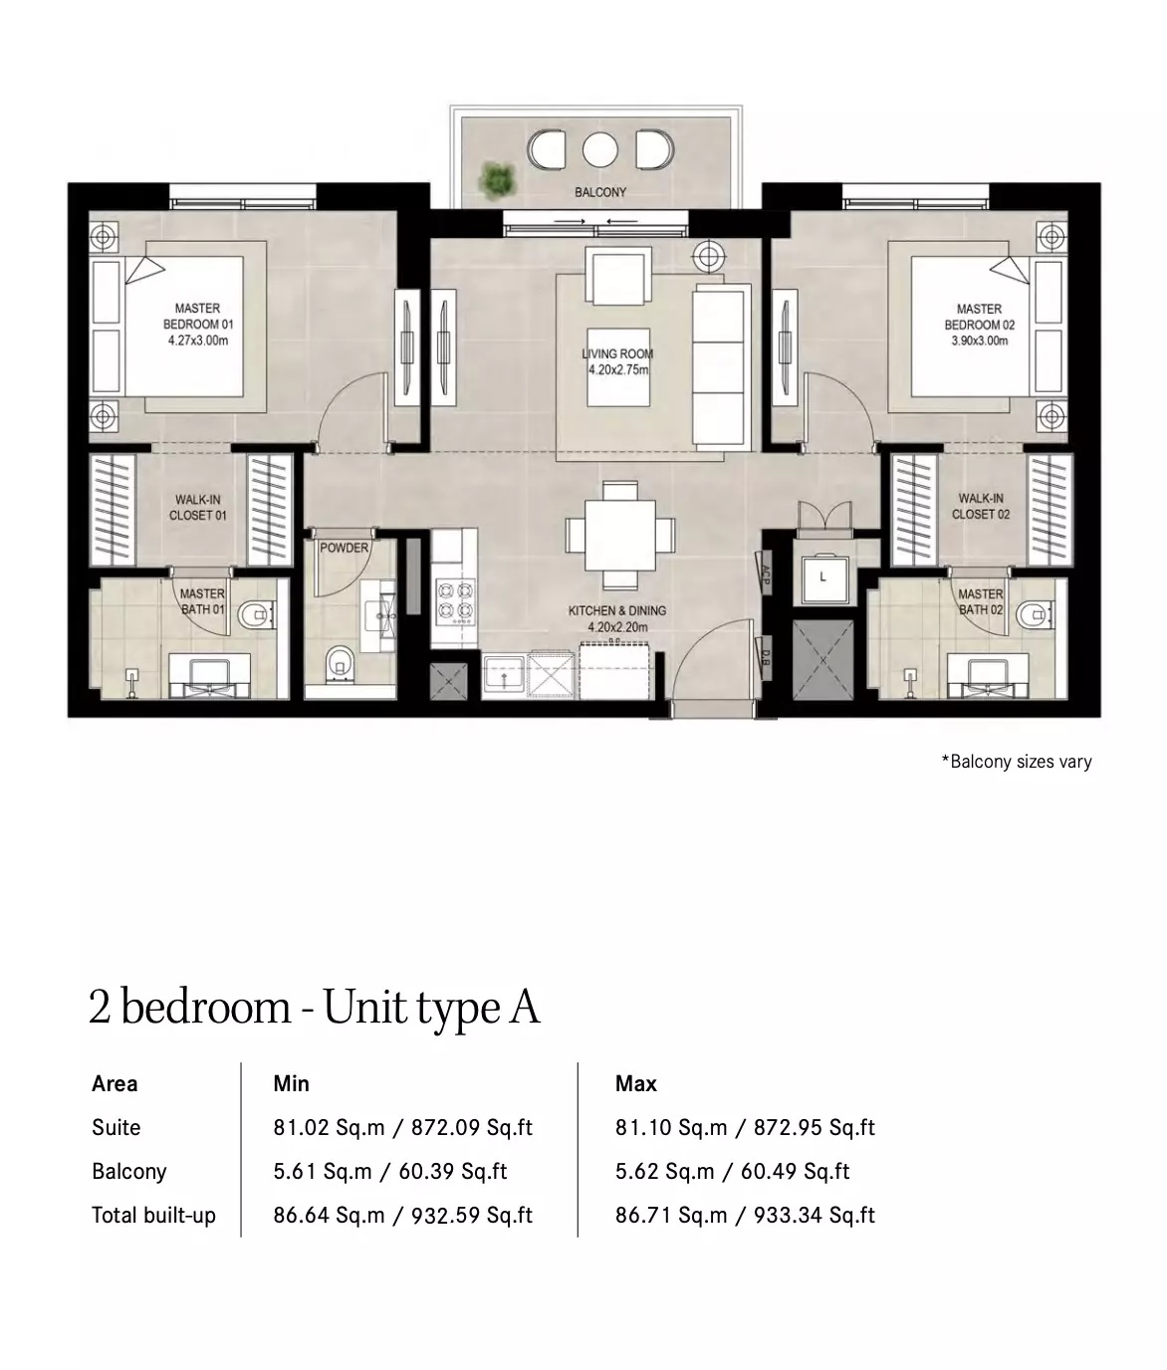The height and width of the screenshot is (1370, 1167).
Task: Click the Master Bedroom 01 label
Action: [x=197, y=325]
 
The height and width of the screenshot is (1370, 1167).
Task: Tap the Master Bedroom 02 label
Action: [x=979, y=325]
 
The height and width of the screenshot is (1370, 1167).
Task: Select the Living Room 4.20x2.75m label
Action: [x=617, y=361]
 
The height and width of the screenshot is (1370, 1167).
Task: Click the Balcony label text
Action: [x=599, y=192]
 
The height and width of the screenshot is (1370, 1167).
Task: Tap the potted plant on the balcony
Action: [x=496, y=179]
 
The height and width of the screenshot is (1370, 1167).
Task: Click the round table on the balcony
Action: [x=599, y=150]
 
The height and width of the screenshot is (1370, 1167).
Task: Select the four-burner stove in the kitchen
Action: [x=454, y=602]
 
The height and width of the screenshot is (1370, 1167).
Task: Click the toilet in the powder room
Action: [x=340, y=661]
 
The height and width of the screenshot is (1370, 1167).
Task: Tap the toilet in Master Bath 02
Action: [x=1034, y=617]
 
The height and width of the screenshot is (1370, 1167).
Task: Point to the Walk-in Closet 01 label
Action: [x=197, y=507]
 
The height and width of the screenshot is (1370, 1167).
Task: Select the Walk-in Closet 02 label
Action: [x=981, y=506]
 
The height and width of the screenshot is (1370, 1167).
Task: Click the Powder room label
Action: [x=344, y=548]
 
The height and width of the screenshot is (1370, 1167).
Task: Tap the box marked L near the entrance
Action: [x=822, y=576]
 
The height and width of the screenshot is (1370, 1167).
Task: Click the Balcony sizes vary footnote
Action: [x=1016, y=762]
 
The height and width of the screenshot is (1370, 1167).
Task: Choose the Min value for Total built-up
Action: [x=402, y=1215]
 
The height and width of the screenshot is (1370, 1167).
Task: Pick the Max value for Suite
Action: [x=745, y=1127]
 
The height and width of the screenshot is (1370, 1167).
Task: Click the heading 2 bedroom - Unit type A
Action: [x=314, y=1007]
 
